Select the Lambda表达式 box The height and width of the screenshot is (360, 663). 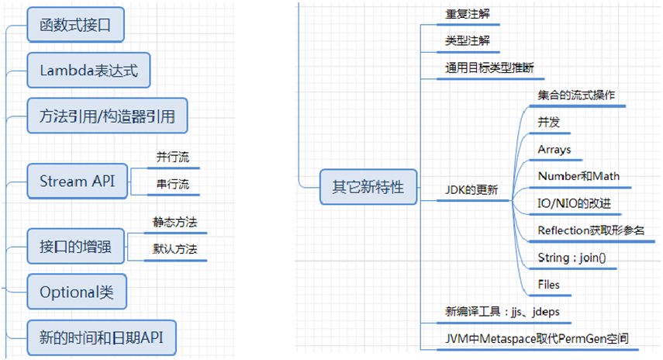point(88,71)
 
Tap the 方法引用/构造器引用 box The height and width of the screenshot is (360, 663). point(107,116)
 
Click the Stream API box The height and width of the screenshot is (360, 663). point(76,182)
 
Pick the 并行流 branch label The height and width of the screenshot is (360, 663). point(172,157)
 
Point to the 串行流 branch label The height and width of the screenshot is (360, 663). point(172,185)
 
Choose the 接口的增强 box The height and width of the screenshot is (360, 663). point(75,247)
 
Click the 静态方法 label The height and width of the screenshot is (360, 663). point(174,222)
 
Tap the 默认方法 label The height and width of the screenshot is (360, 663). point(174,249)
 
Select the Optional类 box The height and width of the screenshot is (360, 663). point(76,292)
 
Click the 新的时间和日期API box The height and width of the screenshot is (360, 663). point(101,337)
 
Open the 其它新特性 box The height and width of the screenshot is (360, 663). point(368,187)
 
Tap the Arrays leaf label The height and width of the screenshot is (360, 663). point(554,149)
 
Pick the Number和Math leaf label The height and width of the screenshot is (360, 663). point(578,176)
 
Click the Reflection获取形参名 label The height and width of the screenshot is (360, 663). point(591,230)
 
